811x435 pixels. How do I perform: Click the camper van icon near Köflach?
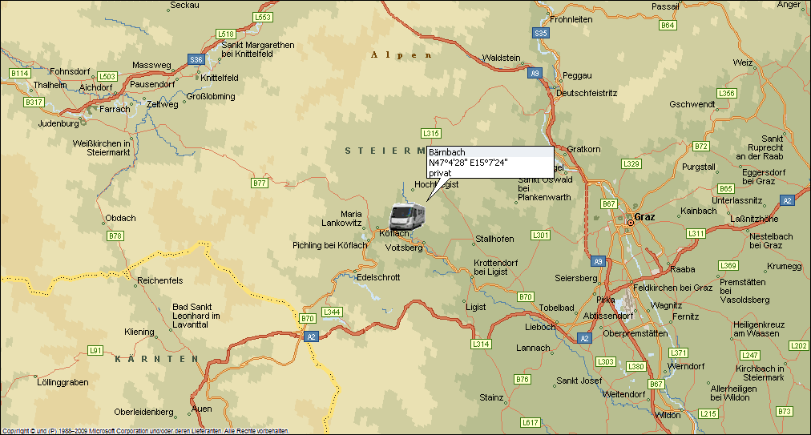pos(407,216)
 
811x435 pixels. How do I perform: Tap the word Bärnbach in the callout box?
pos(446,152)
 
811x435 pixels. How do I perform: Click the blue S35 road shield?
pos(541,33)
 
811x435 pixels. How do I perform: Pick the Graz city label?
pos(644,217)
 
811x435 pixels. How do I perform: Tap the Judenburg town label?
pos(58,123)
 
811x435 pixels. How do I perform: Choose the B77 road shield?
pos(259,183)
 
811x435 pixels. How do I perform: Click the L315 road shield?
pos(431,133)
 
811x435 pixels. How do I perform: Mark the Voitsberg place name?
pos(404,248)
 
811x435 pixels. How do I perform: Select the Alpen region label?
pos(401,55)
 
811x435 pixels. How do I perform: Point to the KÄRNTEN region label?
pos(155,359)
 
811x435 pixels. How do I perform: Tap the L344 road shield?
pos(331,312)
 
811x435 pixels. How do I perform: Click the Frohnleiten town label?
pos(571,18)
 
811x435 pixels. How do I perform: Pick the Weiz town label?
pos(743,62)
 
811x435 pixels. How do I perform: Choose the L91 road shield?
pos(95,350)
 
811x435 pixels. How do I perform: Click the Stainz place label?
pos(491,397)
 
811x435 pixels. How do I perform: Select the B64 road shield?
pos(667,26)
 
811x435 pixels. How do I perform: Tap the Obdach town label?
pos(121,218)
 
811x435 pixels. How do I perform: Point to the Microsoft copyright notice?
pos(144,431)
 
